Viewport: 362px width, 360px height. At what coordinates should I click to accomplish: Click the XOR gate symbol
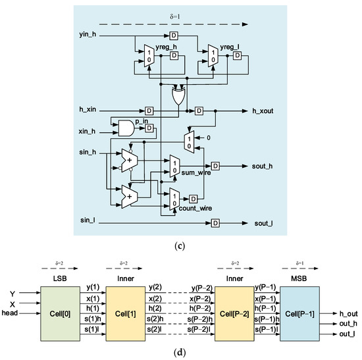tap(178, 97)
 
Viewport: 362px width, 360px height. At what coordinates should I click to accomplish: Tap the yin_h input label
tap(88, 34)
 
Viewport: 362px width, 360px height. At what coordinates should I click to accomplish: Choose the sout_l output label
tap(263, 222)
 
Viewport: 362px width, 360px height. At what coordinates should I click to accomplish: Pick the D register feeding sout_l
tap(215, 222)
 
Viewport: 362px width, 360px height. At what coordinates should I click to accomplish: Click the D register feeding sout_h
tap(215, 166)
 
